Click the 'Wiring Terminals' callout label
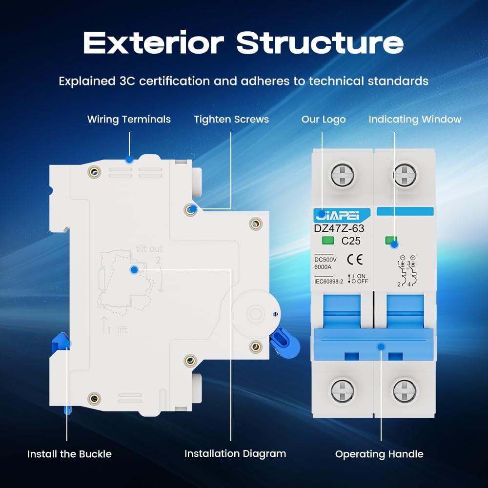pos(129,119)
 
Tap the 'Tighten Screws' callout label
pos(231,119)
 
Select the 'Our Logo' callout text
pos(324,119)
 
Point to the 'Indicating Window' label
pos(414,119)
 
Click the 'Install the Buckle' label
pos(69,454)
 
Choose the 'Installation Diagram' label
pos(235,453)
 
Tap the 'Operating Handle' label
pos(379,454)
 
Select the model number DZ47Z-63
pos(339,228)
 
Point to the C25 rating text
pos(351,241)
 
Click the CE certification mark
pos(355,259)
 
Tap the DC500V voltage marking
pos(325,260)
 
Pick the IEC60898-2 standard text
pos(328,282)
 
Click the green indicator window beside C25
pos(328,240)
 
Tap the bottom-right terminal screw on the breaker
pos(404,390)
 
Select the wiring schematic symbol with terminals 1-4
pos(407,271)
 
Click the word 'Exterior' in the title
pos(153,42)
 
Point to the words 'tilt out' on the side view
pos(149,249)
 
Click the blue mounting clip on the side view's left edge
pos(61,343)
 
